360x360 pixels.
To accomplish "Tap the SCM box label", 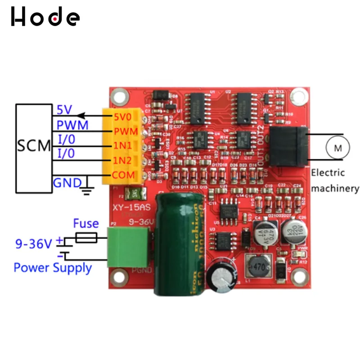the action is click(34, 145).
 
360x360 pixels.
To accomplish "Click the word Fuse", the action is click(86, 223).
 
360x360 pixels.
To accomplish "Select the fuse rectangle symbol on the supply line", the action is click(86, 238).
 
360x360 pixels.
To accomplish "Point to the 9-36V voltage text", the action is click(34, 244).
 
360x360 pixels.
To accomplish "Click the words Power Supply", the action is click(53, 267).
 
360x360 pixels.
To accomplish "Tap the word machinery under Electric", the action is click(335, 188).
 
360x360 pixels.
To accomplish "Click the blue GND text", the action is click(67, 183).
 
